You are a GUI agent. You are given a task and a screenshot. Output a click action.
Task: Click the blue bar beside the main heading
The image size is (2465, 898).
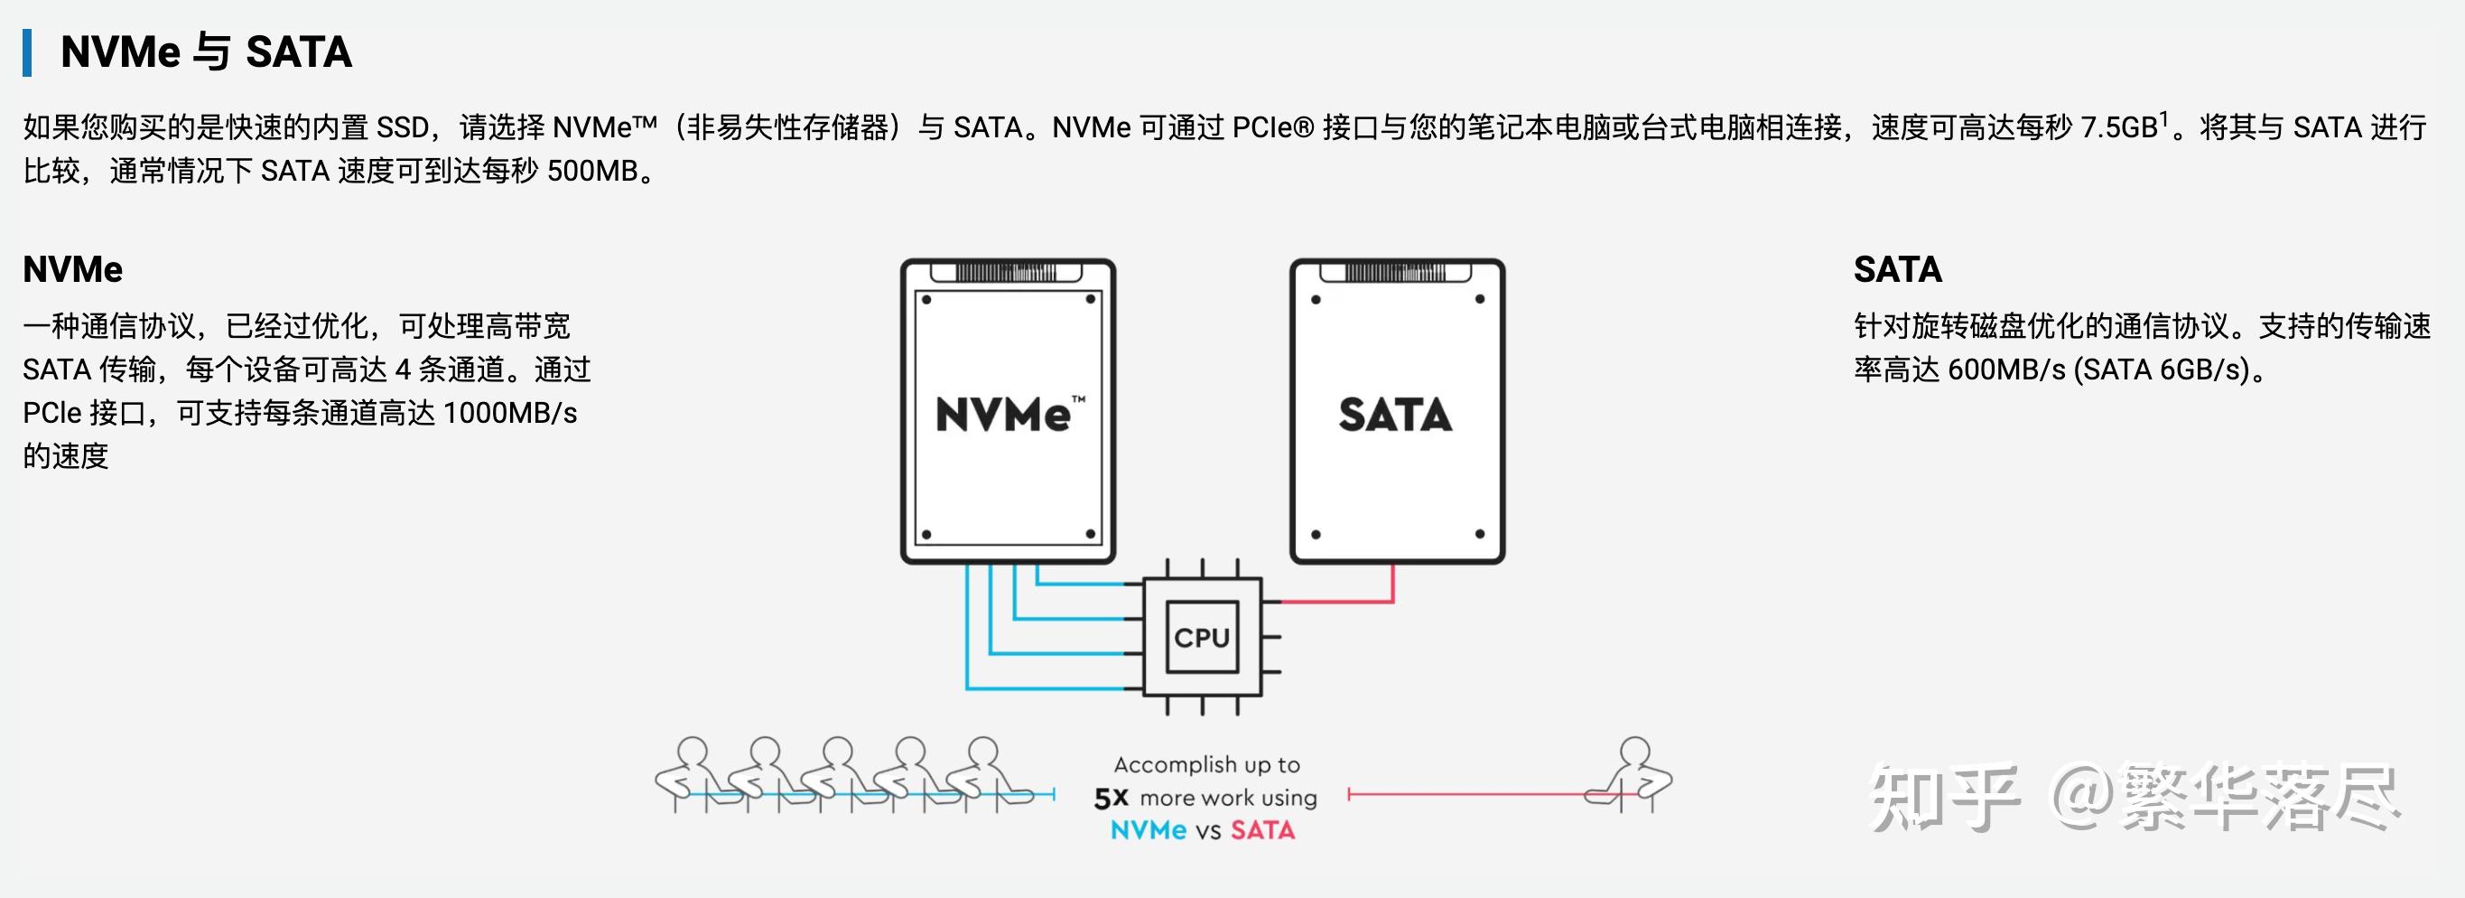tap(28, 52)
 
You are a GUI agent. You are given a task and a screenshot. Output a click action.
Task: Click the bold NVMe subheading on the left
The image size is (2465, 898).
tap(73, 269)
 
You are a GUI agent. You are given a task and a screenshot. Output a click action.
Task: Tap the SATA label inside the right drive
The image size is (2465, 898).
tap(1395, 415)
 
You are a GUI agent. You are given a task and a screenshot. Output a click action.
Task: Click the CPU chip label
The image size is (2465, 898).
tap(1202, 638)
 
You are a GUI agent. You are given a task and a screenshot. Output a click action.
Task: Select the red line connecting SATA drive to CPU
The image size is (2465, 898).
tap(1340, 601)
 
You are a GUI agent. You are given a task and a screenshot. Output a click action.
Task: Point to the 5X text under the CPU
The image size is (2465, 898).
tap(1111, 798)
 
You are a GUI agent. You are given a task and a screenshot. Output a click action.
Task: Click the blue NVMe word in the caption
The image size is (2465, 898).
tap(1149, 830)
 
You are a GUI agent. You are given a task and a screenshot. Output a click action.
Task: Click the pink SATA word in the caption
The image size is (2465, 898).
tap(1262, 830)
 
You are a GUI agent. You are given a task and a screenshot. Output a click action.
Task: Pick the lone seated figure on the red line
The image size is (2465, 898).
tap(1634, 775)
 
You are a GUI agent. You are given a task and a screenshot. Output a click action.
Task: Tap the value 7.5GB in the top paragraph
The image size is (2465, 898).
tap(2118, 127)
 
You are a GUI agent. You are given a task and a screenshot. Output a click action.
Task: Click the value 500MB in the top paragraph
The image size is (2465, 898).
tap(592, 172)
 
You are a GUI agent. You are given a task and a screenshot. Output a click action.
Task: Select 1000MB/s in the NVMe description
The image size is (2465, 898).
tap(510, 413)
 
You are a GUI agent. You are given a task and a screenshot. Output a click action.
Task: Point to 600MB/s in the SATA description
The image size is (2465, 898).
tap(2005, 369)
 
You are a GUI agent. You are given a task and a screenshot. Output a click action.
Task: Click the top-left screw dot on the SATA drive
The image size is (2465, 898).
tap(1316, 300)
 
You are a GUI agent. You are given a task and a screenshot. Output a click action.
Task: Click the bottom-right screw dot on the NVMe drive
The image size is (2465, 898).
tap(1090, 533)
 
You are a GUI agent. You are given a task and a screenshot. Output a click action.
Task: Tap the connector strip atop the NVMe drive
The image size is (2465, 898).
tap(1009, 272)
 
